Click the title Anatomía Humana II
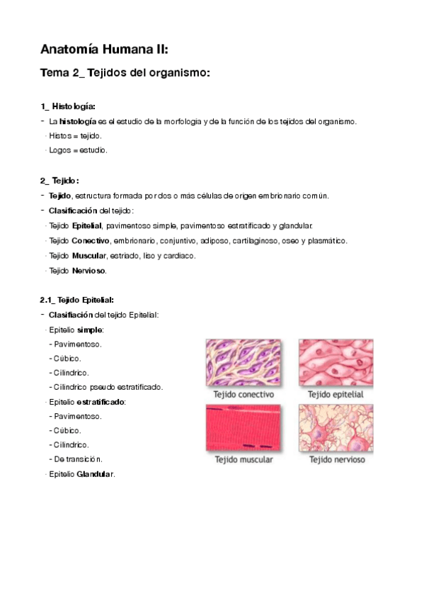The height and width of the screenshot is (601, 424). pyautogui.click(x=104, y=50)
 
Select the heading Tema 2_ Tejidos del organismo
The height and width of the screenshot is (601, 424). pyautogui.click(x=125, y=74)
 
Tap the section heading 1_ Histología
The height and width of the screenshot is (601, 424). pyautogui.click(x=68, y=106)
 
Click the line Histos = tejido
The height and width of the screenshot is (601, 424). pyautogui.click(x=75, y=135)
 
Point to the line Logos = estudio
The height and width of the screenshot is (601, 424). pyautogui.click(x=78, y=150)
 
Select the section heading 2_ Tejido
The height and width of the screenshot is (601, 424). pyautogui.click(x=59, y=181)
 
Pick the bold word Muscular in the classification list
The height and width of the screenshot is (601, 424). pyautogui.click(x=88, y=256)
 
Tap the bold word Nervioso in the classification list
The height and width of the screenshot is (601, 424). pyautogui.click(x=88, y=271)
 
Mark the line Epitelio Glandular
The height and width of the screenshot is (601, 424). pyautogui.click(x=81, y=473)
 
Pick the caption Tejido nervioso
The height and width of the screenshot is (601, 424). pyautogui.click(x=337, y=460)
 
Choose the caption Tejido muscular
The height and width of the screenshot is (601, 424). pyautogui.click(x=243, y=460)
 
